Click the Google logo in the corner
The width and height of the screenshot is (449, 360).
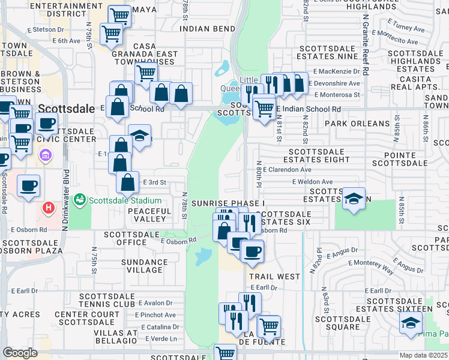coord(20,353)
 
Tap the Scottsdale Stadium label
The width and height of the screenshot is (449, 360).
coord(125,200)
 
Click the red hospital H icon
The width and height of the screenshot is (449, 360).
coord(49,208)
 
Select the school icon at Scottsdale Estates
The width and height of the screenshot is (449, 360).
coord(354,199)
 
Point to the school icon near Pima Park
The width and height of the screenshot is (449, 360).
coord(411,323)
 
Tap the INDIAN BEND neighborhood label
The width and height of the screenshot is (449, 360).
coord(207,29)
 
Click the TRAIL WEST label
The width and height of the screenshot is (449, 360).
coord(274,277)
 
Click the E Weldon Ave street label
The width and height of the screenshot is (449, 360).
coord(312,182)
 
